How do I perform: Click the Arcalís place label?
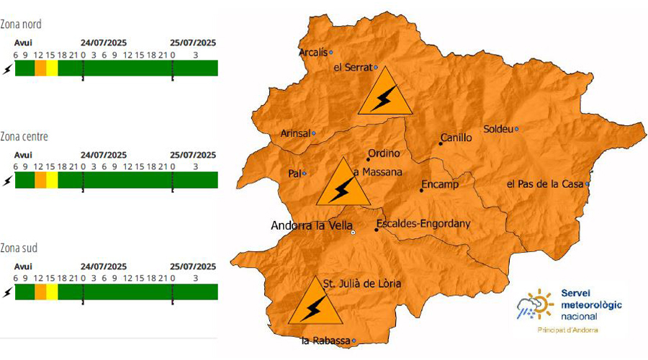(x=312, y=52)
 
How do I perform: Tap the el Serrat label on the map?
(x=353, y=68)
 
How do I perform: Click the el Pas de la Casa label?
(x=545, y=184)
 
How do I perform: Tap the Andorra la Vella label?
(x=312, y=225)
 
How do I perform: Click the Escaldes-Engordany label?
(x=423, y=224)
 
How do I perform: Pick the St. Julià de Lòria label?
(x=361, y=284)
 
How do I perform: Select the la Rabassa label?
(x=326, y=341)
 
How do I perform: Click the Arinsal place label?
(x=296, y=133)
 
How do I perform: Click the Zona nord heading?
(x=21, y=24)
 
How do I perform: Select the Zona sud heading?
(x=19, y=248)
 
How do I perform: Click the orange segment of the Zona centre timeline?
(x=40, y=180)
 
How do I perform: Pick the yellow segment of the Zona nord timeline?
(x=52, y=68)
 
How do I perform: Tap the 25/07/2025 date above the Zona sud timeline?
(x=193, y=266)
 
